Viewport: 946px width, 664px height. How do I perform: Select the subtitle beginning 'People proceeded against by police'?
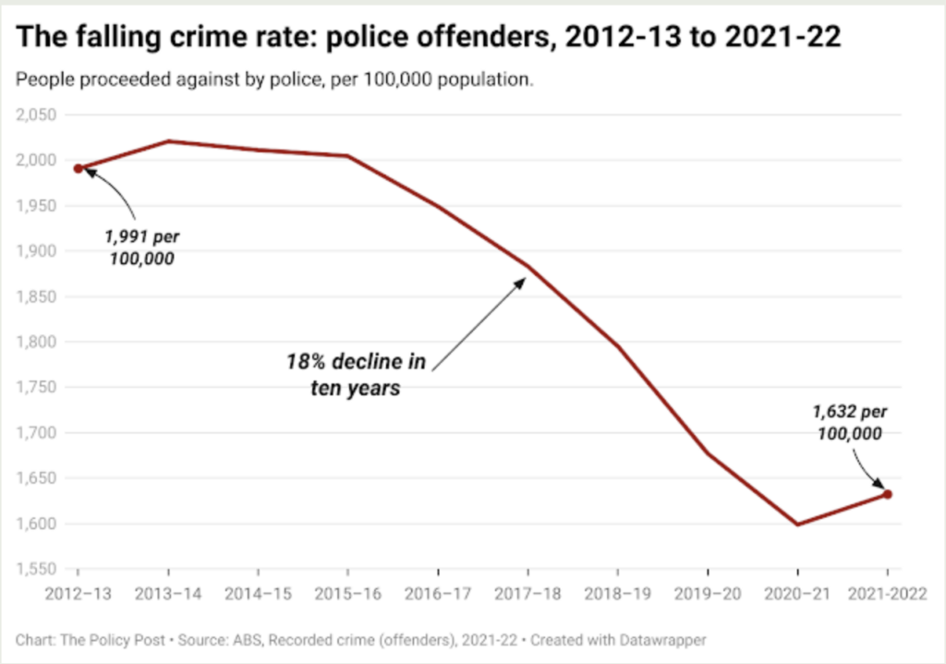click(275, 79)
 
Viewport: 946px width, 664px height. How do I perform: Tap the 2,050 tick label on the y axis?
click(36, 115)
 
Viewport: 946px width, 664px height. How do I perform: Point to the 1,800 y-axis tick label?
click(36, 342)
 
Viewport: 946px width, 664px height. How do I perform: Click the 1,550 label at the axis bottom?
click(36, 569)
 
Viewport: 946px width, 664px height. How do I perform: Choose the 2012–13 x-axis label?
click(78, 593)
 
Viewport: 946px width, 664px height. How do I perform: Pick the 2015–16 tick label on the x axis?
click(347, 593)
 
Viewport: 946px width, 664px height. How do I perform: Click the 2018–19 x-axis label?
click(617, 593)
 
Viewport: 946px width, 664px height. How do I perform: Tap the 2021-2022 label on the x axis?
click(887, 593)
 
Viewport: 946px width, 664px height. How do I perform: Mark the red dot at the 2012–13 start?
click(79, 168)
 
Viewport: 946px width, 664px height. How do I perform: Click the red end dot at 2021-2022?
click(888, 494)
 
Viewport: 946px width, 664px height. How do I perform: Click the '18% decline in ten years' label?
click(356, 374)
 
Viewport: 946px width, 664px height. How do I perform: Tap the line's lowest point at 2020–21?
click(797, 525)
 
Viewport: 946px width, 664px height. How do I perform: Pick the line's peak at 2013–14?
click(168, 141)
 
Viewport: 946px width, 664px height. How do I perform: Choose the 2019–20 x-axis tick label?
click(707, 593)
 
